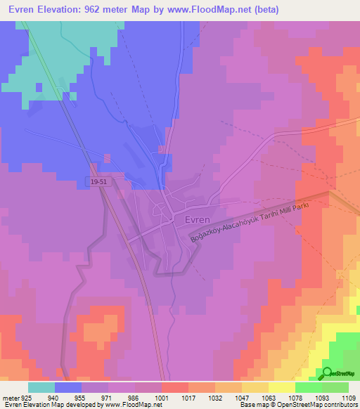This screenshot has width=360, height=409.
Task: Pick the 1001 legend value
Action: [162, 398]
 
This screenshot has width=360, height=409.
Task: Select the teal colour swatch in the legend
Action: [41, 387]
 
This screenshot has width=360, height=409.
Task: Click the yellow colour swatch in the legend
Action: [281, 387]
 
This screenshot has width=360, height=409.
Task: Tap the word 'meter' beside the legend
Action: [8, 398]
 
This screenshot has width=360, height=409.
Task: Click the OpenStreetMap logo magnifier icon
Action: [327, 373]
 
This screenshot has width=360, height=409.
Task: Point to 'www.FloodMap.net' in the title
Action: [212, 10]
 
